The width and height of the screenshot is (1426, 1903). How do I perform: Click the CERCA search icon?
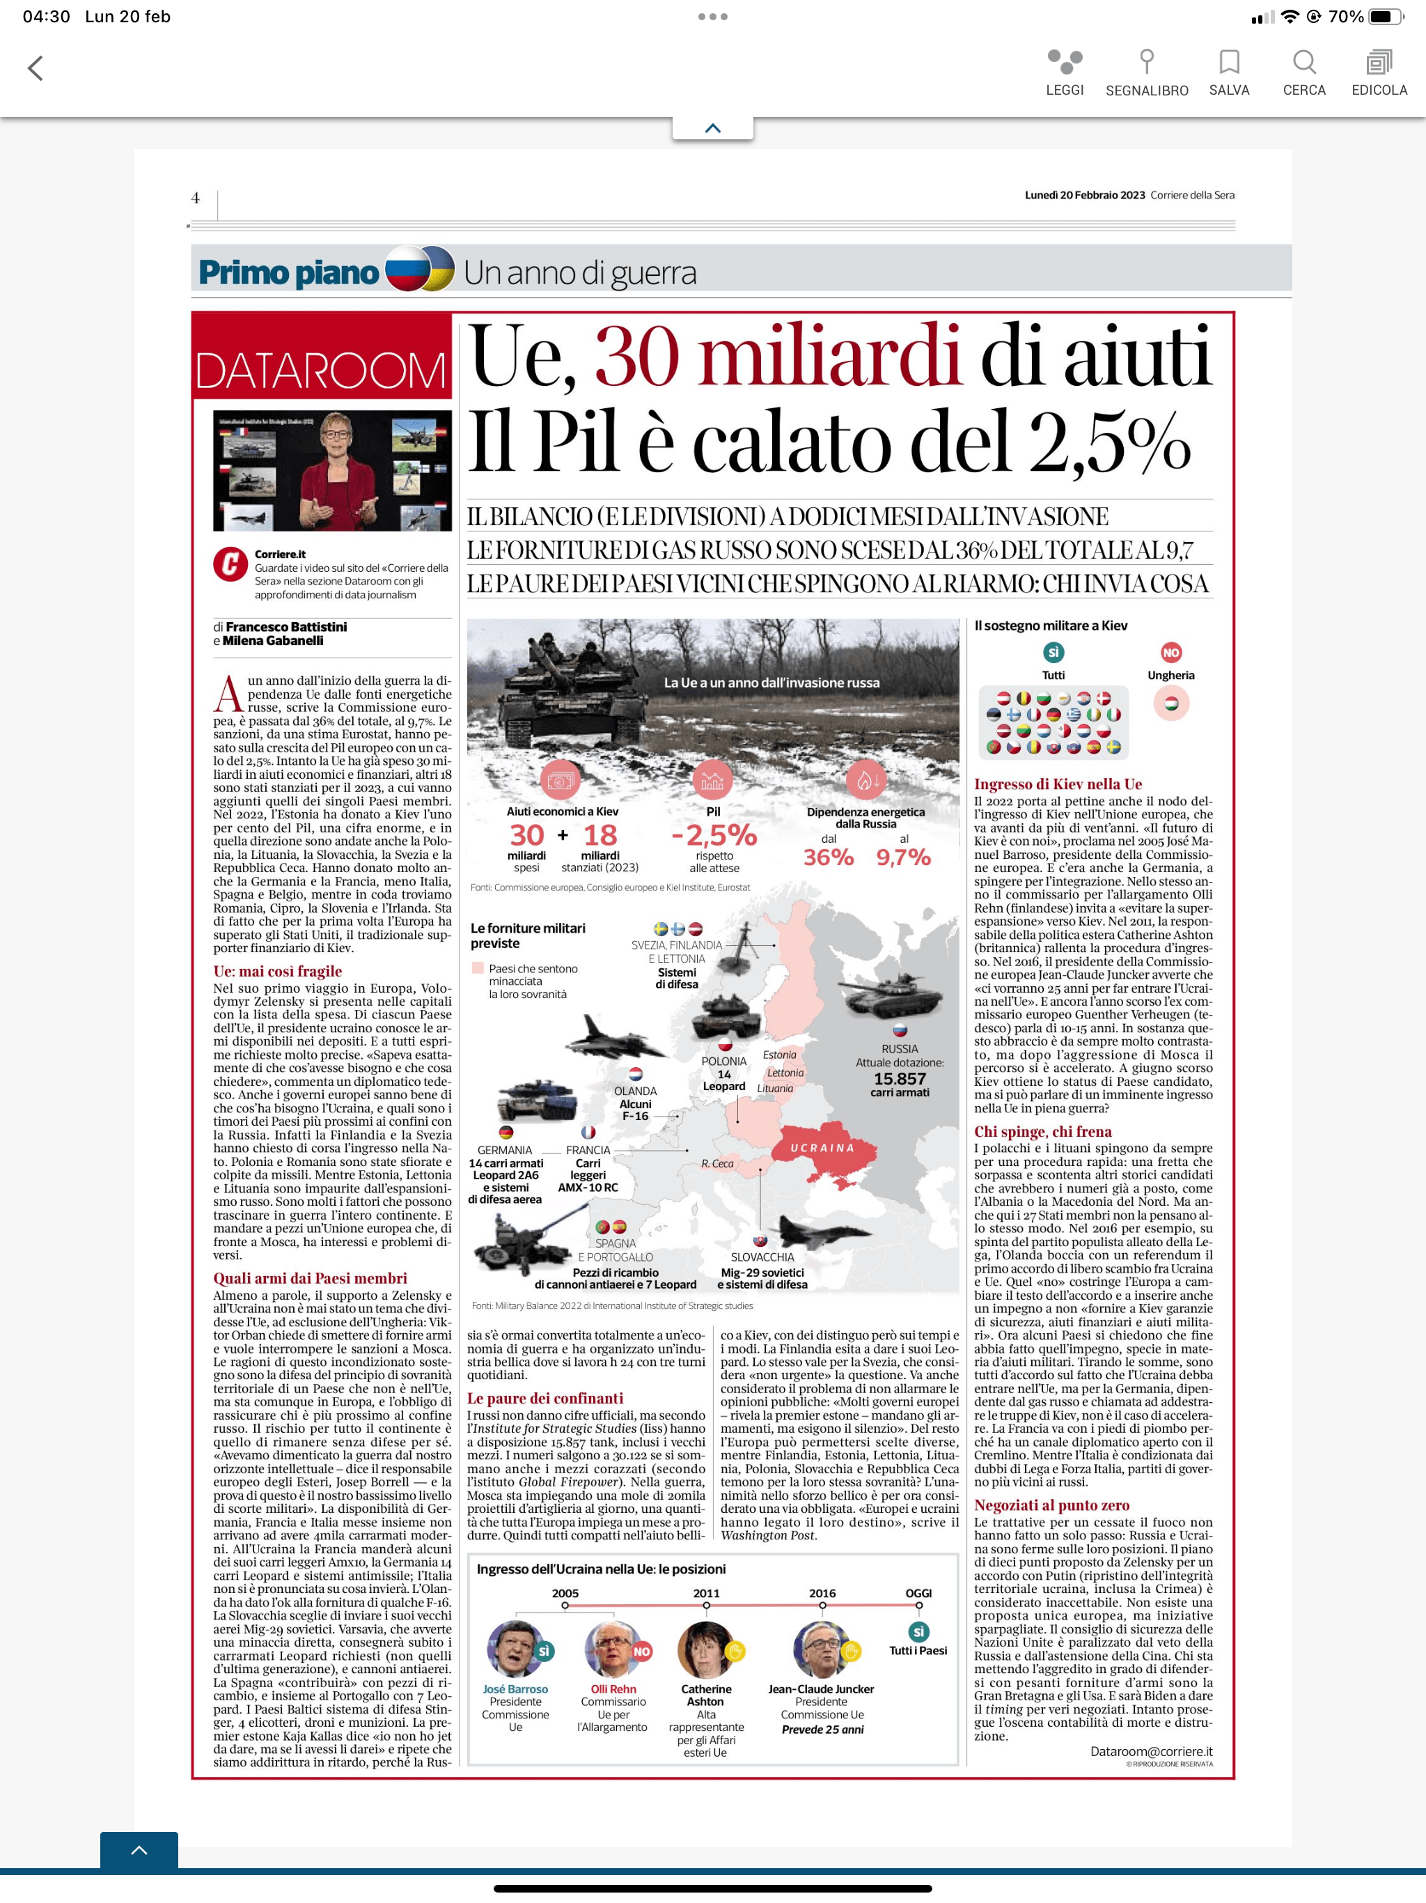coord(1304,62)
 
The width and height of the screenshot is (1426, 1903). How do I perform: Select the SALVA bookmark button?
coord(1229,62)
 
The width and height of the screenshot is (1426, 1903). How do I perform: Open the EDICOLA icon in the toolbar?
coord(1379,62)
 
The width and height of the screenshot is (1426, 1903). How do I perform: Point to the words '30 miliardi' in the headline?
coord(776,355)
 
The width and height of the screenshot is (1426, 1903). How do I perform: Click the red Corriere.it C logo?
coord(230,564)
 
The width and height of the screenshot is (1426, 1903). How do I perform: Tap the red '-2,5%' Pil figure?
coord(714,834)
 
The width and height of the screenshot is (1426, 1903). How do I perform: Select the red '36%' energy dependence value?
coord(829,857)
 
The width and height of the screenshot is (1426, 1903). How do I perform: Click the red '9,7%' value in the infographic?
coord(903,857)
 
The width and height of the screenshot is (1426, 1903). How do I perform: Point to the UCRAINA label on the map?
coord(822,1148)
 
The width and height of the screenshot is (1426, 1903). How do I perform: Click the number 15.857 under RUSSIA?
coord(900,1078)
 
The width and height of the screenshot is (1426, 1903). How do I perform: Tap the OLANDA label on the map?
coord(636,1091)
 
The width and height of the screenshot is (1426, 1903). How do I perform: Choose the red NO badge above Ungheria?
coord(1170,652)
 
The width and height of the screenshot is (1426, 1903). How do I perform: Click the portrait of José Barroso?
coord(515,1649)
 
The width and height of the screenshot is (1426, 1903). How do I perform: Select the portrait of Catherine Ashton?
coord(705,1649)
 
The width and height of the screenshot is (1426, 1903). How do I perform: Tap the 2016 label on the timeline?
coord(822,1593)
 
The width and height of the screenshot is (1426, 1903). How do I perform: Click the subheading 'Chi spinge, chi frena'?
coord(1042,1131)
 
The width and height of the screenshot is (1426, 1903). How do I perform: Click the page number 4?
coord(195,198)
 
